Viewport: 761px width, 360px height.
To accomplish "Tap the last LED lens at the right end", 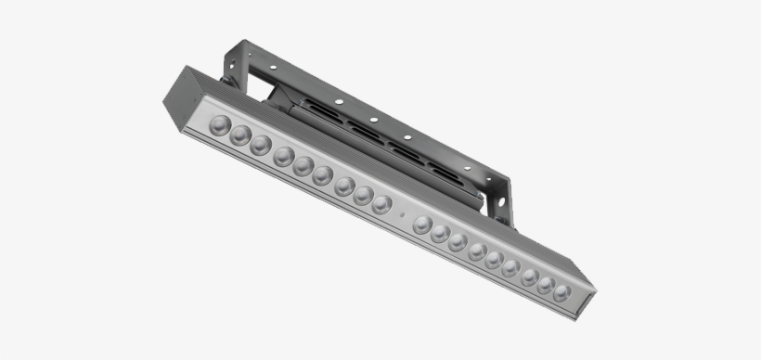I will pos(561,291).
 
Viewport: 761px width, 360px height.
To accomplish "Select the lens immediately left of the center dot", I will pos(381,204).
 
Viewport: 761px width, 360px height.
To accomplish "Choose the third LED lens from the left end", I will pos(261,146).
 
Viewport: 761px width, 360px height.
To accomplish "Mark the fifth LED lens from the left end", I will pos(303,166).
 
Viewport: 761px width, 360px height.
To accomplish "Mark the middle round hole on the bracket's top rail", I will pos(371,120).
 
